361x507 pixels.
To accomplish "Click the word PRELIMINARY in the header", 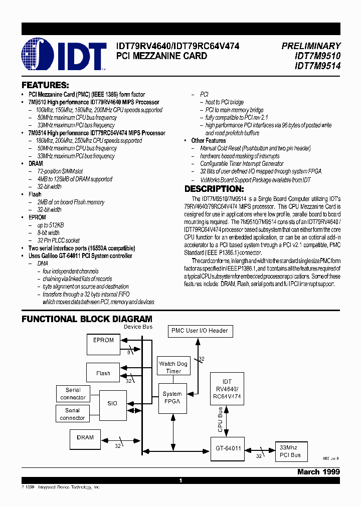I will click(x=311, y=46).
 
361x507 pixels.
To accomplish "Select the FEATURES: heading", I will click(x=45, y=85).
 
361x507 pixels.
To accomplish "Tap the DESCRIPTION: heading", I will click(x=214, y=189).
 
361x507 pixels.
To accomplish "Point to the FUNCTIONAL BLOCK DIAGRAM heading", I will click(x=87, y=319).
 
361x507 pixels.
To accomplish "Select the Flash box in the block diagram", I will click(x=103, y=373).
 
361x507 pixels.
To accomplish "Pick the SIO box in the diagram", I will click(x=112, y=403).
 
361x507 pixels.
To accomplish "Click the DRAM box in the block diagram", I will click(x=85, y=437).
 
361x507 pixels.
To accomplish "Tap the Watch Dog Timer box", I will click(x=173, y=367).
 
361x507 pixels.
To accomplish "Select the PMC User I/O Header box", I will click(x=200, y=331).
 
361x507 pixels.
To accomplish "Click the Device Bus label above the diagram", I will click(x=138, y=327).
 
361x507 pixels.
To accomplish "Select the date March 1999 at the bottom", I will click(x=318, y=472).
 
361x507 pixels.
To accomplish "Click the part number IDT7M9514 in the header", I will click(x=317, y=65).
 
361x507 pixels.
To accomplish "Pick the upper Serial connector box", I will click(x=73, y=394).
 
